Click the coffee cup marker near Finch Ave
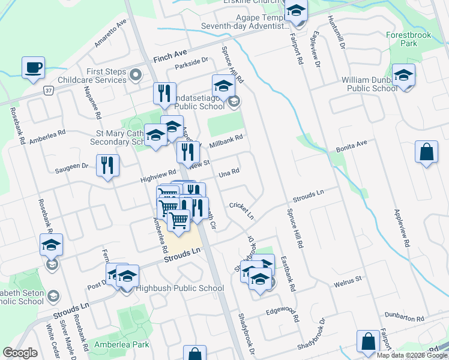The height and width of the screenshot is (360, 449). (33, 67)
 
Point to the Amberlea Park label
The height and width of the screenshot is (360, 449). (121, 345)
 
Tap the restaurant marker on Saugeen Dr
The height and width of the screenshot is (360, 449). (107, 166)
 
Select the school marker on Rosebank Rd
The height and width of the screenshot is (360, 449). (52, 245)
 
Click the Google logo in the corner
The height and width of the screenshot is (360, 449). (20, 353)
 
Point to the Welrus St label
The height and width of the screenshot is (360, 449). (348, 280)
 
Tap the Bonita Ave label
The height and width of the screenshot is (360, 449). (352, 145)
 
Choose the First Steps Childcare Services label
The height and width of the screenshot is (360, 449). (92, 76)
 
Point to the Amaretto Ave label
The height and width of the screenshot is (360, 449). (111, 33)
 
